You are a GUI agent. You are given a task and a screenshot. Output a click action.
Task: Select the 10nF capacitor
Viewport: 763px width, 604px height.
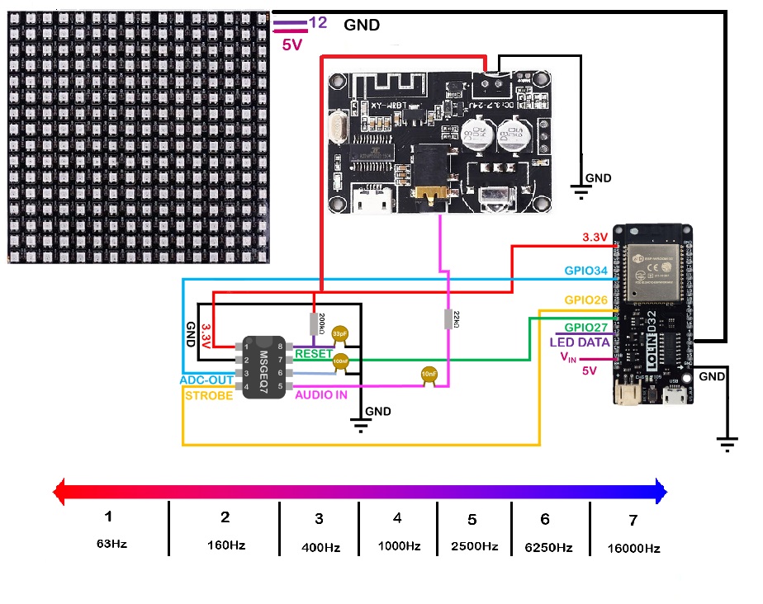pos(429,375)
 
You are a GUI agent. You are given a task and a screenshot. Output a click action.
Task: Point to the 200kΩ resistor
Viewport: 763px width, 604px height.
pos(315,323)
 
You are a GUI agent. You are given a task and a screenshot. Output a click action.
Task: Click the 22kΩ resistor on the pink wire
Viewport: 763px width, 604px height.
pos(448,319)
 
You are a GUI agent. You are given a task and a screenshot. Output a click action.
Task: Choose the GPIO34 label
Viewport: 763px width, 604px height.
pos(586,271)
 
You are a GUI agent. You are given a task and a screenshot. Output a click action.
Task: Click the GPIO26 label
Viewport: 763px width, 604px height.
pos(587,300)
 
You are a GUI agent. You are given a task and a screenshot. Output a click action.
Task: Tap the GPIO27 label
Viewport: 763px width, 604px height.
pos(587,327)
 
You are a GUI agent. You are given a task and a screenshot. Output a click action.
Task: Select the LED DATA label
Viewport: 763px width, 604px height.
pos(580,342)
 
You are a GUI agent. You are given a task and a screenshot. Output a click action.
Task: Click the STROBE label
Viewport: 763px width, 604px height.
pos(209,395)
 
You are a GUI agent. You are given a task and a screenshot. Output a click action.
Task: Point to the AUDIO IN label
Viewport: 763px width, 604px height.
pos(321,395)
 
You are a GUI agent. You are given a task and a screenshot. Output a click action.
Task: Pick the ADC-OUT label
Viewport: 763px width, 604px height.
pos(206,380)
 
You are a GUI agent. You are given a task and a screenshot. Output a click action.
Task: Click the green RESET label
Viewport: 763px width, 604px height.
pos(314,354)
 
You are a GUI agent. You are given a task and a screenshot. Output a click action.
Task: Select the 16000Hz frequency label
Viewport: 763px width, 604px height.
pos(633,547)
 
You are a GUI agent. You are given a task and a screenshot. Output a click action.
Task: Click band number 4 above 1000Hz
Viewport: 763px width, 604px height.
pos(397,518)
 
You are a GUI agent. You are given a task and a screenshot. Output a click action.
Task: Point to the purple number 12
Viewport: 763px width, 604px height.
pos(317,23)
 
